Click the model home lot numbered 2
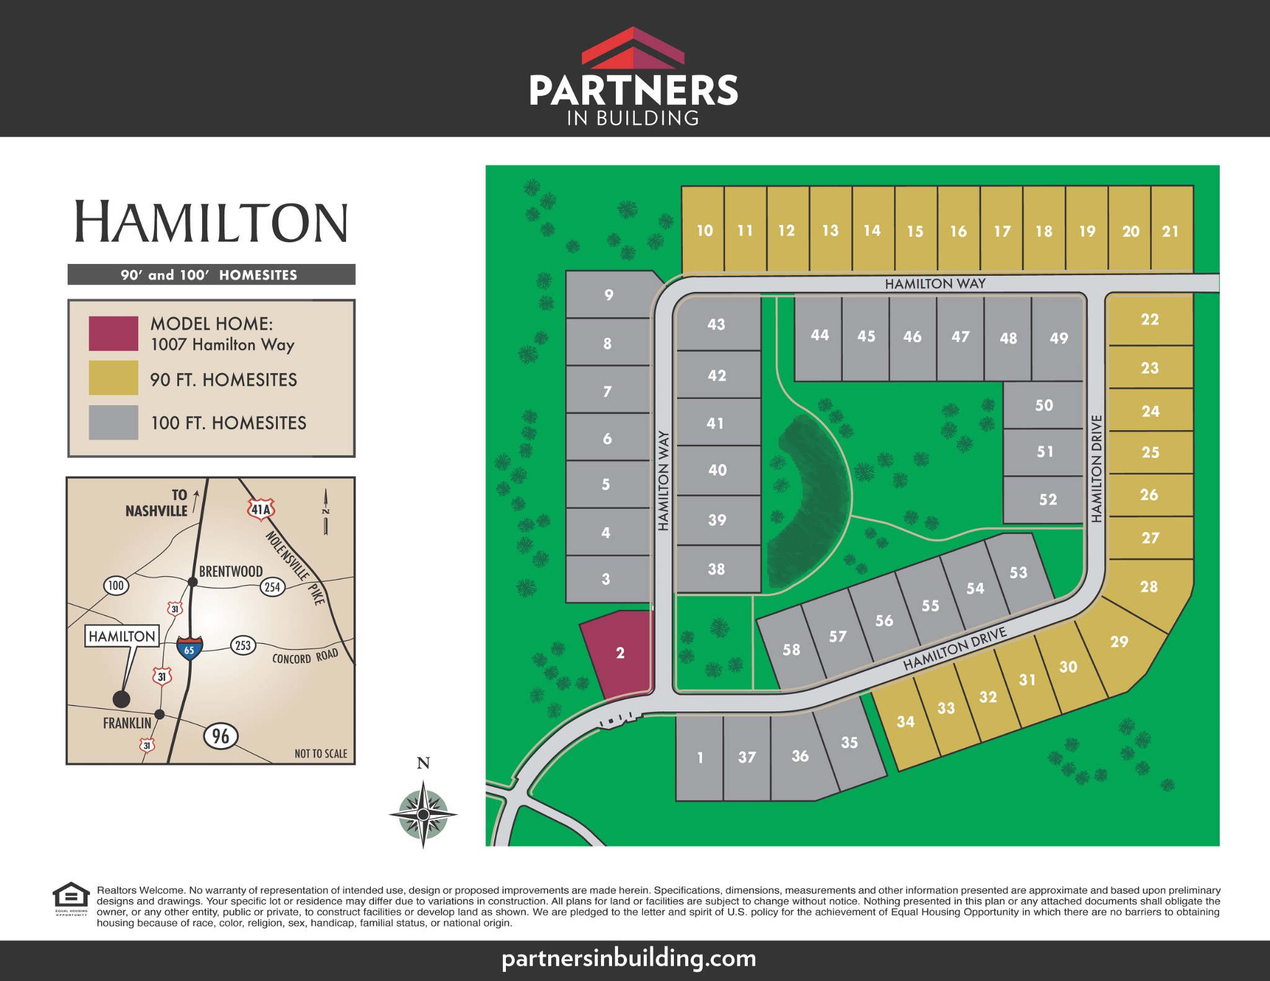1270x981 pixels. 619,653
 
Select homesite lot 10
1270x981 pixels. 704,231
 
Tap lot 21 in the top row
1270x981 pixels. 1171,231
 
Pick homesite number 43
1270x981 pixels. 716,324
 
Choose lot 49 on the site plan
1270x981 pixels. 1059,338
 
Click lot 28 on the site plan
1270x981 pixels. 1148,586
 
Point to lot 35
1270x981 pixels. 849,742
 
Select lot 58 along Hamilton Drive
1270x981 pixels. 791,649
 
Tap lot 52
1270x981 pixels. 1047,499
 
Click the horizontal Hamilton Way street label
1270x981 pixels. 935,284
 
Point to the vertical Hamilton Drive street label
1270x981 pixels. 1096,469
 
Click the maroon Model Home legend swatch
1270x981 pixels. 113,333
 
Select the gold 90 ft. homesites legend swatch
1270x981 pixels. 113,377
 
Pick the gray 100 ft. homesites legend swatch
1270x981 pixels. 113,423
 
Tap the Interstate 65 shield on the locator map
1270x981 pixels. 189,648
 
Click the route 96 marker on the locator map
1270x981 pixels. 220,736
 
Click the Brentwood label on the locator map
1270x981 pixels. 230,571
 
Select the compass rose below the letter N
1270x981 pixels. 423,814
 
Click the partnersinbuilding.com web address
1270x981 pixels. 629,958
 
